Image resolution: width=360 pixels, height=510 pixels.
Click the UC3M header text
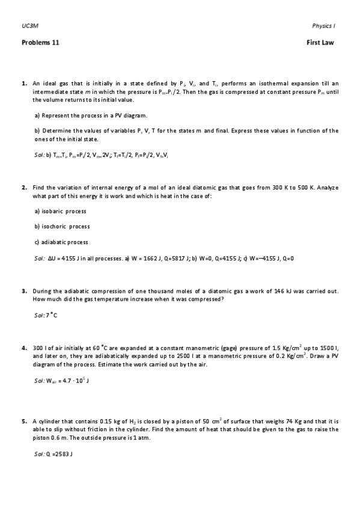27,26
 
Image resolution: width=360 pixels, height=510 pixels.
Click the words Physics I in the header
323,26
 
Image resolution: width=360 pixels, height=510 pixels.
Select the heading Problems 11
40,43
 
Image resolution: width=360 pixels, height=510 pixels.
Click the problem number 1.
23,83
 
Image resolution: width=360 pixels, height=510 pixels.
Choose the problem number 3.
23,292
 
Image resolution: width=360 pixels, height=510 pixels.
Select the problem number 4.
23,348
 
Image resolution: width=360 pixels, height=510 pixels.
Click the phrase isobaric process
65,211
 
